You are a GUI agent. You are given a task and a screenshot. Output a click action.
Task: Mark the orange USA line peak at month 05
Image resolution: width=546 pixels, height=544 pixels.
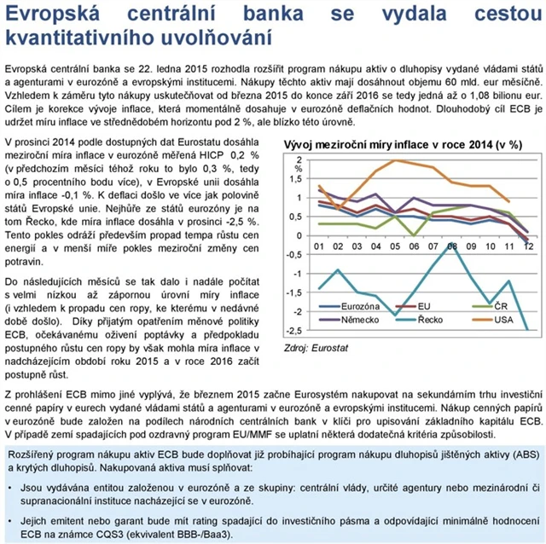pyautogui.click(x=395, y=160)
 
